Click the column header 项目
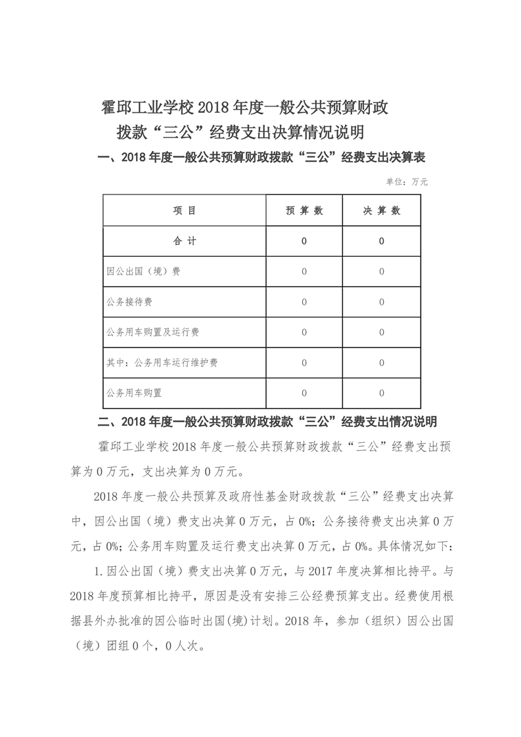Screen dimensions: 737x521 pos(185,211)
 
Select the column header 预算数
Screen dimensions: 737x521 pos(304,211)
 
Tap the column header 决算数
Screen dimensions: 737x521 pos(382,211)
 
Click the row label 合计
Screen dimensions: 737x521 pos(185,241)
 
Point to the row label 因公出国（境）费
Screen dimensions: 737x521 pos(143,271)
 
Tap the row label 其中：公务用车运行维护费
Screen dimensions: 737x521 pos(162,363)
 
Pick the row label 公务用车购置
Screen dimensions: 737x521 pos(134,393)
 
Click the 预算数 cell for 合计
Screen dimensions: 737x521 pos(304,241)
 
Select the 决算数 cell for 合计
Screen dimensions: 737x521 pos(382,241)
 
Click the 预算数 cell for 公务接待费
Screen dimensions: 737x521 pos(304,302)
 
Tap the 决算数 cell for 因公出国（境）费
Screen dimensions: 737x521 pos(382,271)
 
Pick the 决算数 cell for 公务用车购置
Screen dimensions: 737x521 pos(382,393)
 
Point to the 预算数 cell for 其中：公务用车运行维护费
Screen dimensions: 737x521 pos(304,363)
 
